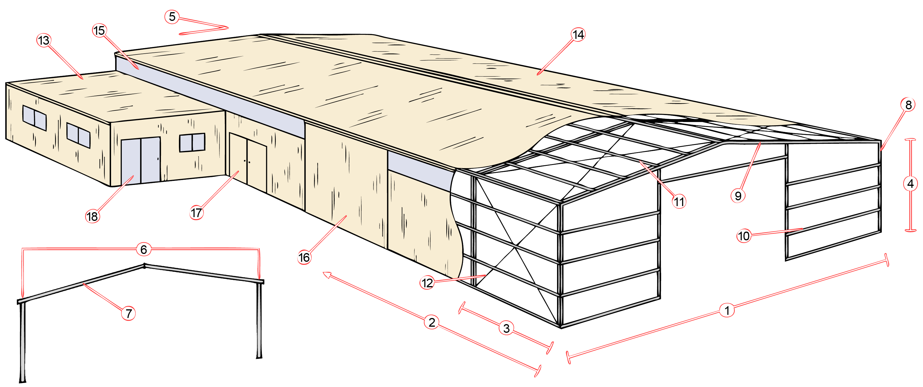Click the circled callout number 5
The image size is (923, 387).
[172, 17]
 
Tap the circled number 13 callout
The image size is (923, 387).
[44, 40]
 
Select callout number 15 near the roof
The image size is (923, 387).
[99, 30]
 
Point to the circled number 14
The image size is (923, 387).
[578, 35]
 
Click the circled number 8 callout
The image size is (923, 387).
[908, 105]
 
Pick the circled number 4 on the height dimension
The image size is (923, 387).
[911, 184]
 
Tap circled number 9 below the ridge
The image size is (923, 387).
[738, 196]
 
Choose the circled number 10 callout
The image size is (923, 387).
[744, 236]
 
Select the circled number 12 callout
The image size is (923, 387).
[427, 283]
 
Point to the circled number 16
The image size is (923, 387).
[304, 257]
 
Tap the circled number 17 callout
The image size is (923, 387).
[196, 213]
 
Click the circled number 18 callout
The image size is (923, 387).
[93, 217]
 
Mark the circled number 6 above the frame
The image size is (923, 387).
[144, 249]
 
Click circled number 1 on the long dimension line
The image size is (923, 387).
[727, 310]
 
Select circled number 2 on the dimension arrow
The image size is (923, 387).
[432, 322]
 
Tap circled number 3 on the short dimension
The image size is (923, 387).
[506, 328]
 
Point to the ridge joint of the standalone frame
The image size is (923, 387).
[144, 266]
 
